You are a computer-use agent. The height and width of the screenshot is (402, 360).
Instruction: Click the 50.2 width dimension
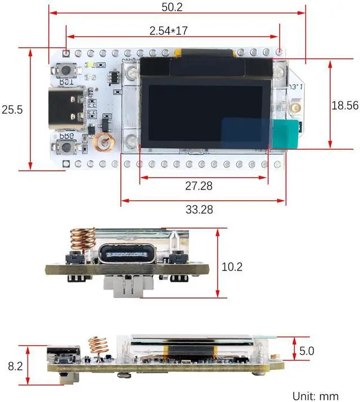pos(176,7)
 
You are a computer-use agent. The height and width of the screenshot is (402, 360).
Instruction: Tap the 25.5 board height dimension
pos(12,110)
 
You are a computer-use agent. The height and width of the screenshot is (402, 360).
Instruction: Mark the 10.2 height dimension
pos(232,267)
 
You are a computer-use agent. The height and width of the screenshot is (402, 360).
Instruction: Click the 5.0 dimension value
pos(307,351)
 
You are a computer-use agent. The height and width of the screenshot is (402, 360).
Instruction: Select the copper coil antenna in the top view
pos(102,143)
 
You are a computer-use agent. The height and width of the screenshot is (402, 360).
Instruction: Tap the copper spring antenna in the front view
pos(82,240)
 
